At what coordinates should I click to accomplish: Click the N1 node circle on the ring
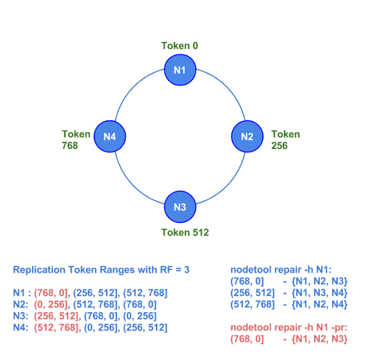tap(180, 71)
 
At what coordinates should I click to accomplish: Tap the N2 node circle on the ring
tap(247, 137)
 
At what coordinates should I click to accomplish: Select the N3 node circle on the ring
tap(180, 207)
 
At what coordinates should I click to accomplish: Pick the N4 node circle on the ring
tap(110, 137)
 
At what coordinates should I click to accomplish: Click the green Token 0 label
tap(180, 46)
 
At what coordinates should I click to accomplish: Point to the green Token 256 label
tap(285, 139)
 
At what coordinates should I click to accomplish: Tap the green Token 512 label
tap(185, 232)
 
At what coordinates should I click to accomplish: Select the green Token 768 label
tap(76, 139)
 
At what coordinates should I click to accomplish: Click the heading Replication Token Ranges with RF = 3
tap(101, 270)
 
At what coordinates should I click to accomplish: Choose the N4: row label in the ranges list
tap(20, 327)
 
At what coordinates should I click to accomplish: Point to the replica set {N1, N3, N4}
tap(319, 292)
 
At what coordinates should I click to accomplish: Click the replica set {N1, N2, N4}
tap(319, 304)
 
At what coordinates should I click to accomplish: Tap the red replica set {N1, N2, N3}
tap(319, 338)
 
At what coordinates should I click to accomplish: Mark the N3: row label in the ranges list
tap(20, 316)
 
